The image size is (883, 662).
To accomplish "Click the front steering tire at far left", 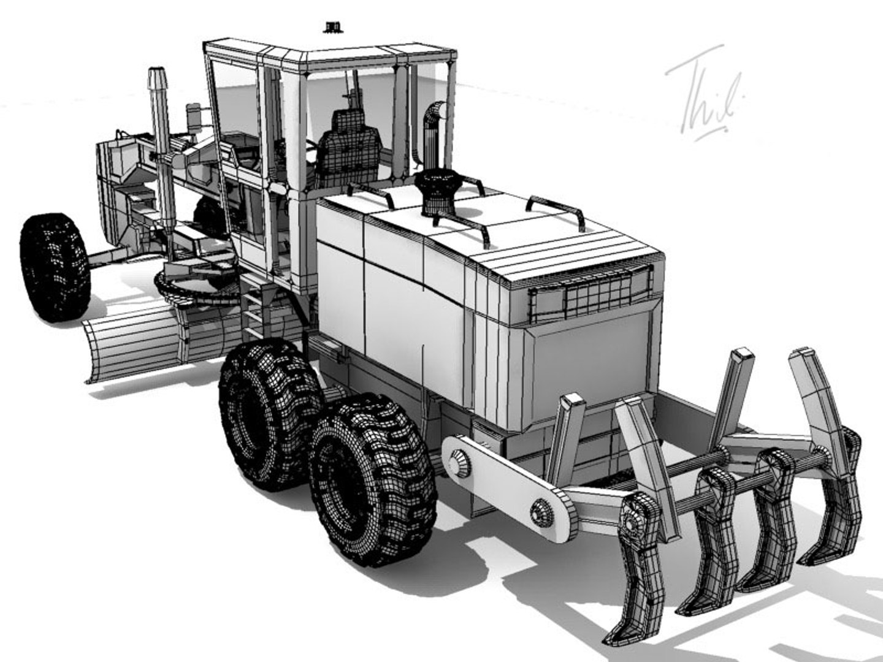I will pos(55,267).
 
